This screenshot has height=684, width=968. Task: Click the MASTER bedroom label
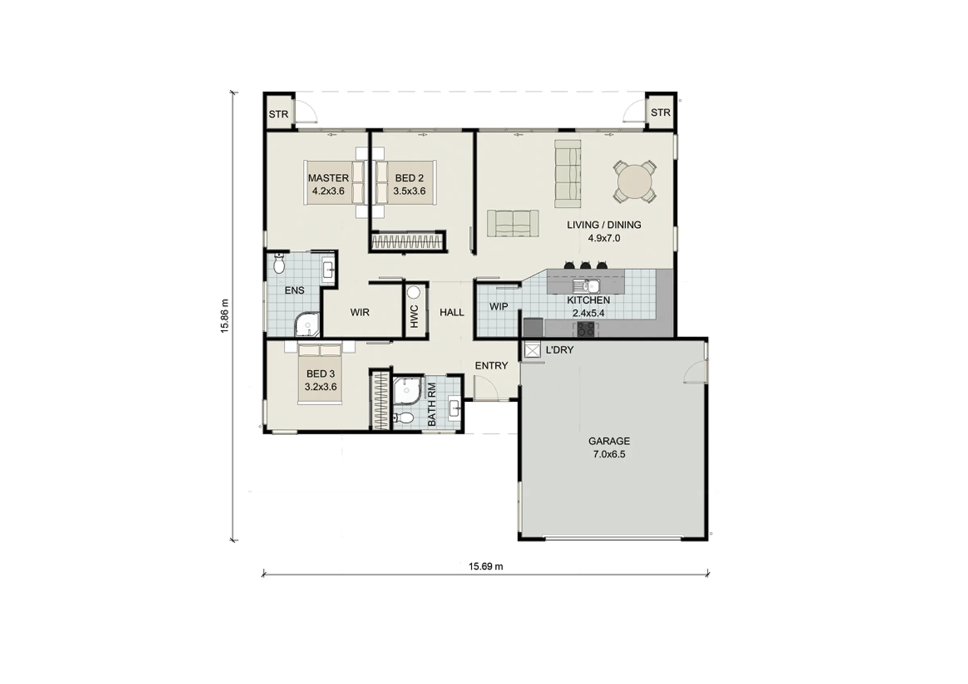coord(328,178)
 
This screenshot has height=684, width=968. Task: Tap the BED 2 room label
coord(409,178)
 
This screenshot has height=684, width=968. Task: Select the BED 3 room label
coord(321,373)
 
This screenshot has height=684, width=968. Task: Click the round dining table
coord(634,182)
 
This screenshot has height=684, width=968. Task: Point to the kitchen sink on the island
coord(586,286)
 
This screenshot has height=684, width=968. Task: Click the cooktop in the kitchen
coord(586,329)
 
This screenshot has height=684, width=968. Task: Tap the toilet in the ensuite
coord(279,263)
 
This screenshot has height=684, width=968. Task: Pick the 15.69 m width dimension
coord(486,566)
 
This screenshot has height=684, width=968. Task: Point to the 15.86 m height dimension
coord(224,316)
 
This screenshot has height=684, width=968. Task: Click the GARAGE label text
coord(609,441)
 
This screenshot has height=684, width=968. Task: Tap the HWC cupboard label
coord(414,316)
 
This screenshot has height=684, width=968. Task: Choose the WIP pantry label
coord(499,306)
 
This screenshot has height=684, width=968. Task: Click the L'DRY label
coord(559,350)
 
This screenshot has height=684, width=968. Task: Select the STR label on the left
coord(279,114)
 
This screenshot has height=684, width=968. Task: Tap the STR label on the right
coord(660,112)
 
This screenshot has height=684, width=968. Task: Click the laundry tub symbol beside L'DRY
coord(532,350)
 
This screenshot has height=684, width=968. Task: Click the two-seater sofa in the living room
coord(513,223)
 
